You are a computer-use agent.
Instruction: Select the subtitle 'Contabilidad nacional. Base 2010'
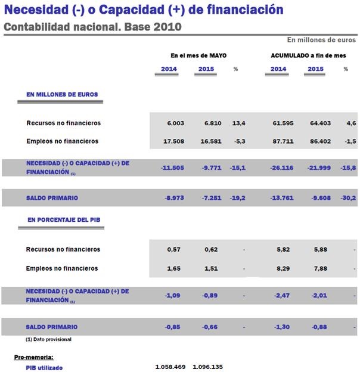[92, 27]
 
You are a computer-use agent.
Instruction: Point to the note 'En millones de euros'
[321, 40]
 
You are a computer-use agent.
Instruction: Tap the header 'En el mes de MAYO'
[198, 55]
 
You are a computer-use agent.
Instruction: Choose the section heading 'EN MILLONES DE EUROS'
[62, 94]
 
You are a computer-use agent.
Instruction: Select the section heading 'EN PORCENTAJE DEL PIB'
[64, 219]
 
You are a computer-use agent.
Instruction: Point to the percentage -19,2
[238, 197]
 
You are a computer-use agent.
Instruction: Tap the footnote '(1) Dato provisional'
[48, 339]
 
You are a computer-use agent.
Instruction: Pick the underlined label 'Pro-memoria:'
[33, 357]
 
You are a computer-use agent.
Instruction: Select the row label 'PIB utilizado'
[44, 368]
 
